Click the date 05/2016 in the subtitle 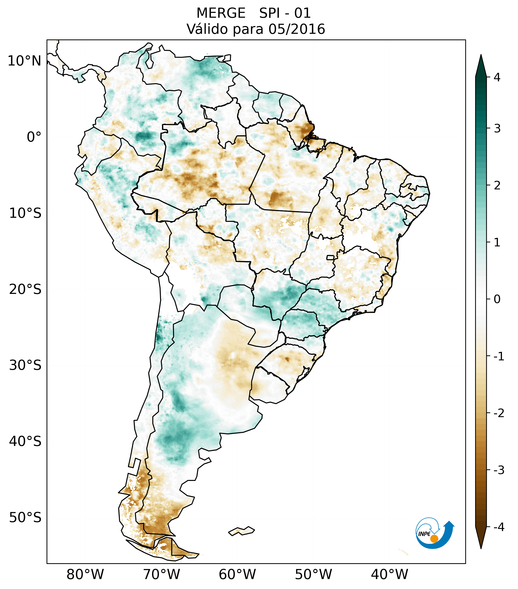pyautogui.click(x=297, y=29)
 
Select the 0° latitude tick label pyautogui.click(x=34, y=137)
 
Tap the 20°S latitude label pyautogui.click(x=25, y=289)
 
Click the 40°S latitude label pyautogui.click(x=25, y=441)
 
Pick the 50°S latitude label pyautogui.click(x=25, y=518)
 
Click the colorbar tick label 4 pyautogui.click(x=497, y=77)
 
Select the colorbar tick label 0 pyautogui.click(x=497, y=299)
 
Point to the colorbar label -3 pyautogui.click(x=499, y=470)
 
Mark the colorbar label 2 pyautogui.click(x=497, y=186)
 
